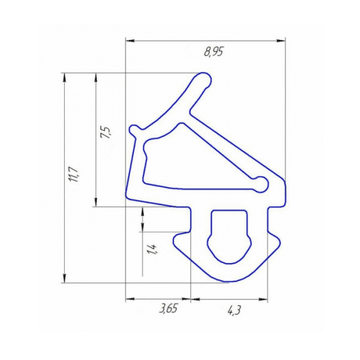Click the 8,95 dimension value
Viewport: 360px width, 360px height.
coord(214,52)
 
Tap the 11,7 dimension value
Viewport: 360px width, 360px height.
coord(74,175)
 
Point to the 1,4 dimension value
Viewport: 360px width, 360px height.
coord(152,249)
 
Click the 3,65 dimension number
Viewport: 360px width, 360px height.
coord(169,310)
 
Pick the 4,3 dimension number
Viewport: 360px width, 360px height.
coord(234,311)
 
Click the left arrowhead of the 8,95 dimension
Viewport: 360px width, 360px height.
coord(130,41)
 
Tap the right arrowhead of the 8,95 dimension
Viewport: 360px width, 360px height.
coord(281,41)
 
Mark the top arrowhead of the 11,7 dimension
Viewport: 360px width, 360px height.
coord(65,77)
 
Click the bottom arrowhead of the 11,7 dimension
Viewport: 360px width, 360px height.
coord(65,278)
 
